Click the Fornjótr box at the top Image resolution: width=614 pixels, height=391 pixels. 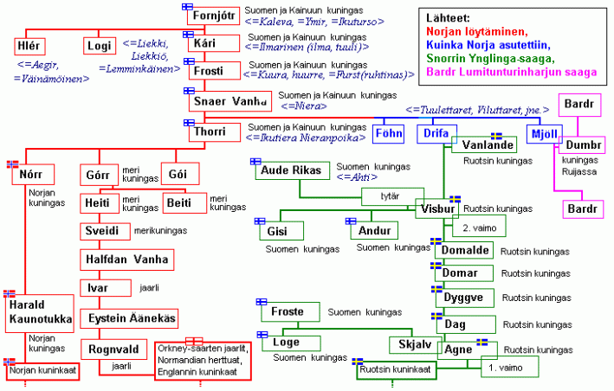[212, 16]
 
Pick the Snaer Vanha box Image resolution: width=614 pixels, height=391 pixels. [229, 102]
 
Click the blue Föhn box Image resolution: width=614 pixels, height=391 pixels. [388, 135]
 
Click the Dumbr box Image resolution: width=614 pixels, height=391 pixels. [583, 147]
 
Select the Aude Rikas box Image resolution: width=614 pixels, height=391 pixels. [291, 171]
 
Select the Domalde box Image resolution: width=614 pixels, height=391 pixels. [466, 251]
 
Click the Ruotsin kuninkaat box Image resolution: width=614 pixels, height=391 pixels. [395, 370]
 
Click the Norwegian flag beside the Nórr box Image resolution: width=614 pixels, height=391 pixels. [12, 163]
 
